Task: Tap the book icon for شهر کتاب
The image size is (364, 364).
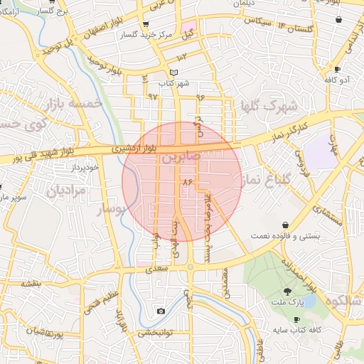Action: (x=175, y=73)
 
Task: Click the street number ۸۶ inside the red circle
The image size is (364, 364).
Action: (x=188, y=183)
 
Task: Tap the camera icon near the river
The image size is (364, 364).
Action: (x=161, y=311)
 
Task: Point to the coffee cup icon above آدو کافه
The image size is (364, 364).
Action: (x=336, y=69)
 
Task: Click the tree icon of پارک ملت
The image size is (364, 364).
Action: (x=288, y=291)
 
